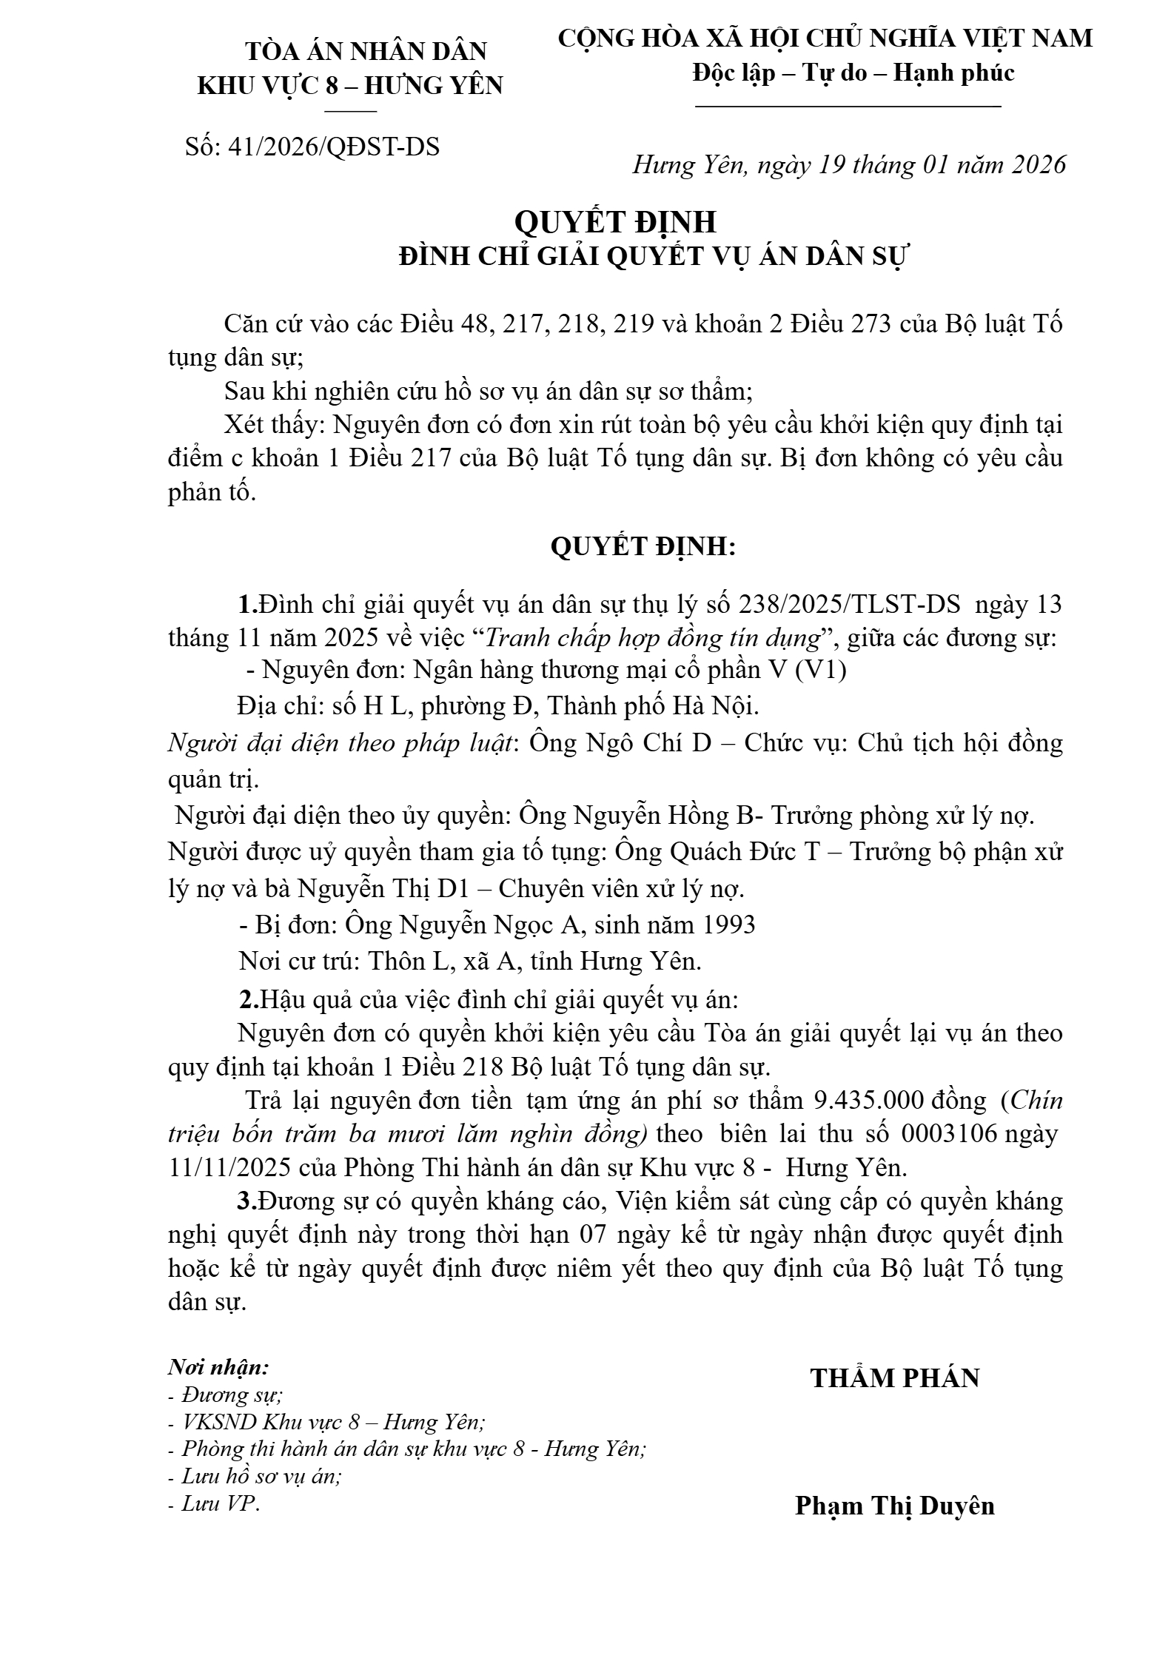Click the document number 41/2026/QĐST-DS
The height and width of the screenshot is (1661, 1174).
(x=334, y=147)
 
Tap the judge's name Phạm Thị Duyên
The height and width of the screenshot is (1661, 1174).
(x=894, y=1485)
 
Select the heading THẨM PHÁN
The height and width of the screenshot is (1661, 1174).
(x=894, y=1378)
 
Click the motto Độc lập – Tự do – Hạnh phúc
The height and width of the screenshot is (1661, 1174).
(x=853, y=73)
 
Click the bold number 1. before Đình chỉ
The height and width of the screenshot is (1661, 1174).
(x=247, y=605)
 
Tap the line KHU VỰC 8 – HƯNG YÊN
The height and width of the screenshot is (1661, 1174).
(x=349, y=86)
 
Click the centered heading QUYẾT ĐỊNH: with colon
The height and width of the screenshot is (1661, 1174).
(x=643, y=547)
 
